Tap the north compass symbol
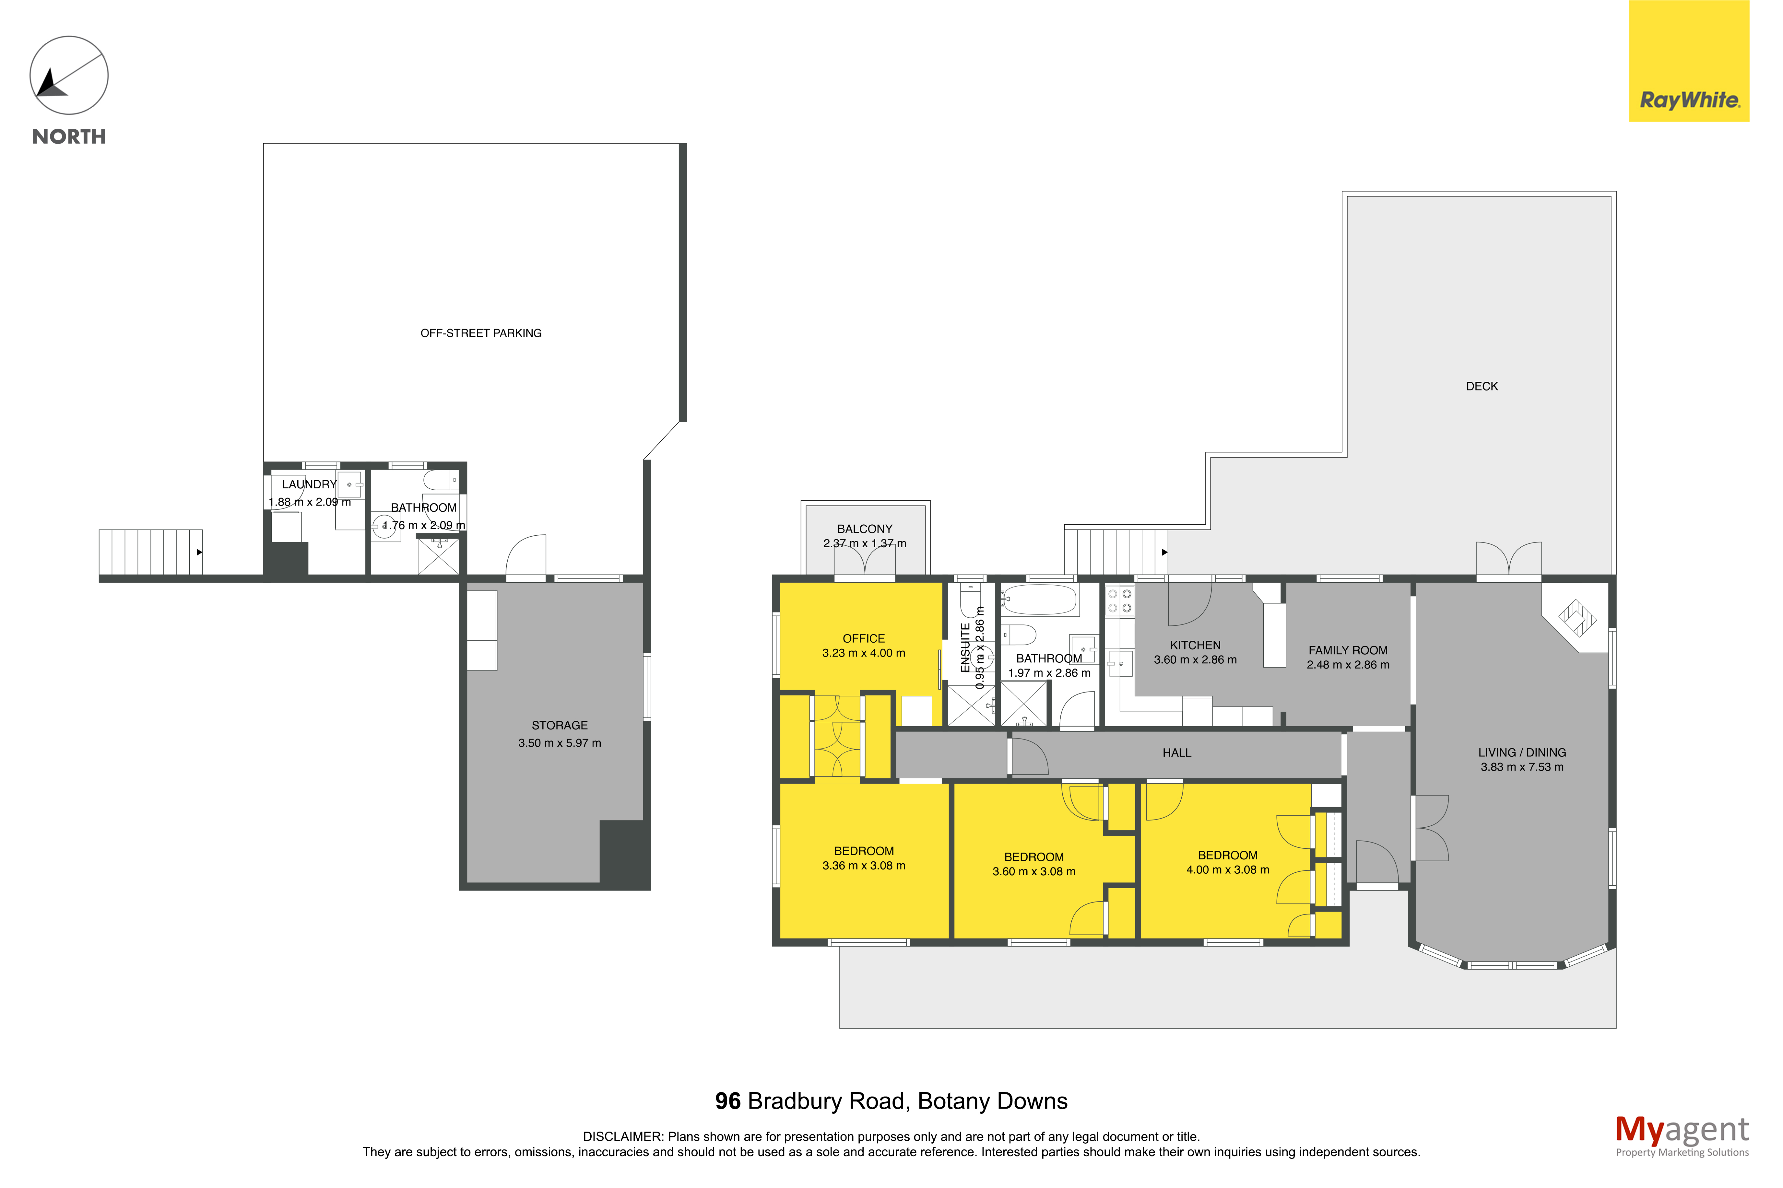pos(69,76)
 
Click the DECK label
pos(1482,386)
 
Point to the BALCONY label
pos(865,529)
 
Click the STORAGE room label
pos(559,725)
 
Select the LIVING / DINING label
pos(1522,752)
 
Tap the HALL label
pos(1177,752)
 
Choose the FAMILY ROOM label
pos(1348,650)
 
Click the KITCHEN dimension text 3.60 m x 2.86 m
pos(1195,660)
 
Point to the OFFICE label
pos(864,639)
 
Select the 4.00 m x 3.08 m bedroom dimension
pos(1228,870)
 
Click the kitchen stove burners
pos(1119,601)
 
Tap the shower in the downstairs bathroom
pos(439,555)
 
